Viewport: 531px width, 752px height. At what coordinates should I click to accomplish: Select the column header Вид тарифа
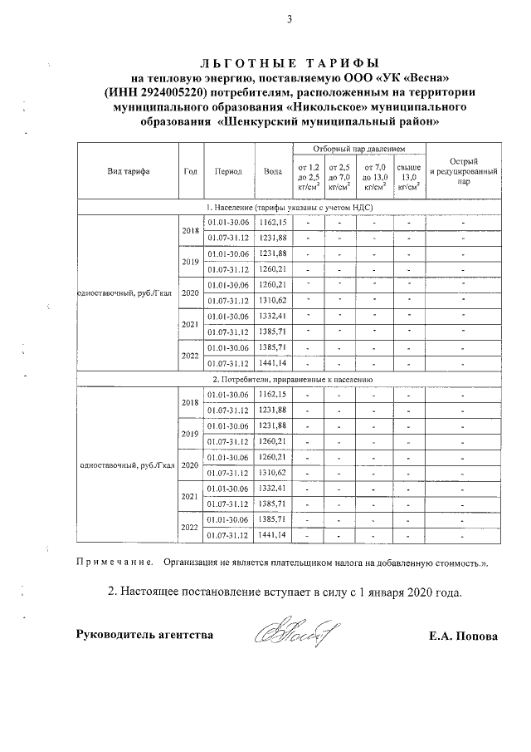click(129, 172)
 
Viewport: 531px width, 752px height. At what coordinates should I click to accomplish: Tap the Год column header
click(190, 172)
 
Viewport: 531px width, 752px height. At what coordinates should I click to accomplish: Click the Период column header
click(227, 172)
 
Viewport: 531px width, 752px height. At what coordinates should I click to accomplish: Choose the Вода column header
click(272, 172)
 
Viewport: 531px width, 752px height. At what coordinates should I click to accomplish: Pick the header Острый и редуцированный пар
click(463, 172)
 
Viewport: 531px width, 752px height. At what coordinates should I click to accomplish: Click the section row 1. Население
click(289, 207)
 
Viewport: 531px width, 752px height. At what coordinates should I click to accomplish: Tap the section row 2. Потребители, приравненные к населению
click(289, 379)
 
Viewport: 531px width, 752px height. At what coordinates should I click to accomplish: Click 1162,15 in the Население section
click(272, 223)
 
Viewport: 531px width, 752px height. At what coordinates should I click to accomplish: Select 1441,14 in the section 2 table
click(272, 534)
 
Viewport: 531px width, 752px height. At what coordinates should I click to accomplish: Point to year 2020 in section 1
click(190, 293)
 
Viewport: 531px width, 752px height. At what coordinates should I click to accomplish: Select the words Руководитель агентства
click(144, 636)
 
